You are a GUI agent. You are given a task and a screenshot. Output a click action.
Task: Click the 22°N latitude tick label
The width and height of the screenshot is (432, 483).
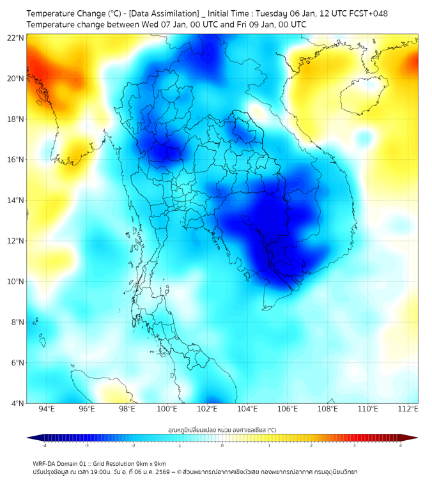tap(16, 38)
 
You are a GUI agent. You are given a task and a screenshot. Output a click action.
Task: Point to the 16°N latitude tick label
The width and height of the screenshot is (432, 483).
tap(16, 160)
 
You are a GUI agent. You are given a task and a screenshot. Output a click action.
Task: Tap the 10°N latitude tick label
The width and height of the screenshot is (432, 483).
tap(16, 282)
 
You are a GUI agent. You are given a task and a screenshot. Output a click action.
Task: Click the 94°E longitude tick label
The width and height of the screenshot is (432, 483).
tap(47, 410)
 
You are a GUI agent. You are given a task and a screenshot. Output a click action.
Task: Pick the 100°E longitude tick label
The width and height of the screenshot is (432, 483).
tap(167, 410)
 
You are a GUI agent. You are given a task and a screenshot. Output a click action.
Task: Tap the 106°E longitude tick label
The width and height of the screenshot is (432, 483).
tap(288, 410)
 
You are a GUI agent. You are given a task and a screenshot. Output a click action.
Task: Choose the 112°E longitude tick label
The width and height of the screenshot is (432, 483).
tap(408, 410)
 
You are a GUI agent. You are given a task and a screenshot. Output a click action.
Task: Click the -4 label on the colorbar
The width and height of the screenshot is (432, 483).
tap(44, 445)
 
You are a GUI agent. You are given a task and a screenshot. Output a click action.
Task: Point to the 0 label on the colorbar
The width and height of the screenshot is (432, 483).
tap(222, 445)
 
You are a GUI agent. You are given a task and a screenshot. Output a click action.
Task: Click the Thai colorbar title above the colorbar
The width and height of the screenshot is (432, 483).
tap(222, 430)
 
